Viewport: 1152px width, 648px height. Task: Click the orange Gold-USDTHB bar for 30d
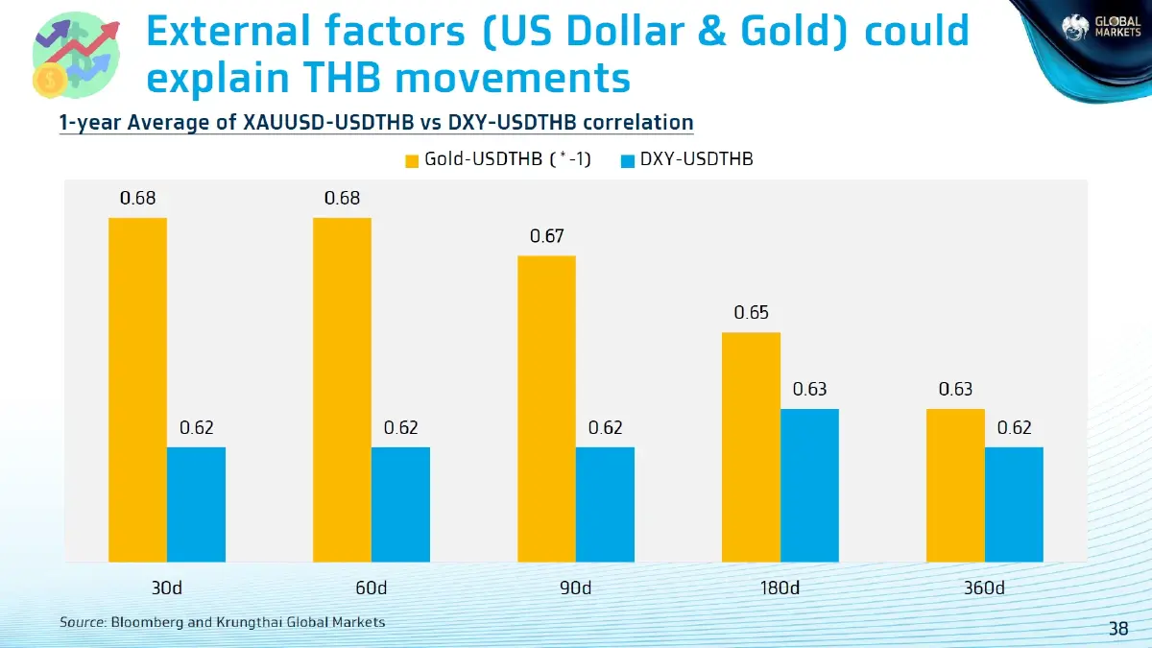point(137,389)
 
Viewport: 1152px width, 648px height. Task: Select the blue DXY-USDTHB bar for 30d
point(196,504)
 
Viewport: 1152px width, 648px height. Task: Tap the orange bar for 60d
point(342,389)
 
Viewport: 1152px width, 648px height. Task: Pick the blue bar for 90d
point(605,504)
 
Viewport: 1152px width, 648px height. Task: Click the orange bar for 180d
point(751,446)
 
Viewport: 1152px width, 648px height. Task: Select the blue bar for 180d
point(809,485)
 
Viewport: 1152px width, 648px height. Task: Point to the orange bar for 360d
point(955,485)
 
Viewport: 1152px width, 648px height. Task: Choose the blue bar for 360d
point(1014,504)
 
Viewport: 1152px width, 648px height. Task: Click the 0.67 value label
point(546,236)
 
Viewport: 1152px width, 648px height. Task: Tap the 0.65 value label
point(751,313)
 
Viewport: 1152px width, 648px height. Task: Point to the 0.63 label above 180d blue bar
point(809,389)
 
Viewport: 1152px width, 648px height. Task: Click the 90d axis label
point(576,588)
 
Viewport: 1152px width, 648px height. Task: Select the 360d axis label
point(984,588)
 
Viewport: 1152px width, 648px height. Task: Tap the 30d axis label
point(167,588)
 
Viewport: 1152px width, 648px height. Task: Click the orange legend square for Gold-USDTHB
point(413,160)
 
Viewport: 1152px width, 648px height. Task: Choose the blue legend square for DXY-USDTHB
point(628,160)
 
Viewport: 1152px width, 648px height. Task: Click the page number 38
point(1118,629)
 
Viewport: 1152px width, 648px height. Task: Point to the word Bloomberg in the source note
point(147,622)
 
